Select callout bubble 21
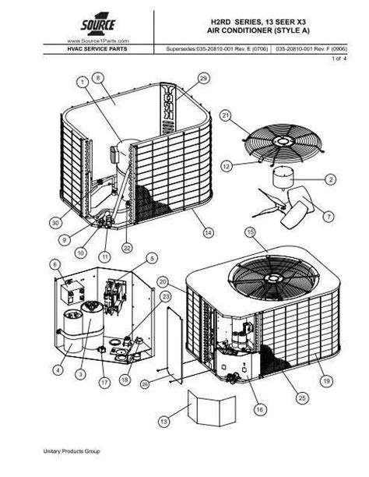[227, 116]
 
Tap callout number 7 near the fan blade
[328, 215]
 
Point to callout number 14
[208, 231]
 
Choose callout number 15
[250, 232]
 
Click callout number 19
[327, 382]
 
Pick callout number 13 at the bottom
[163, 422]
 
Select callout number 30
[55, 223]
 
